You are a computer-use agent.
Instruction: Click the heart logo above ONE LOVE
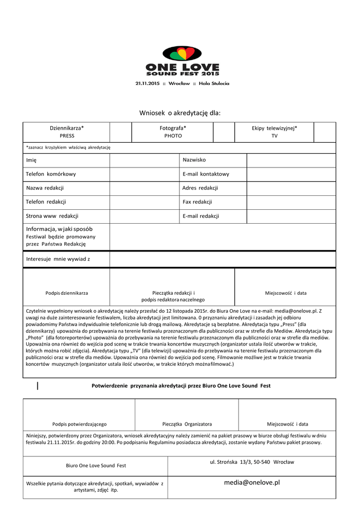(182, 54)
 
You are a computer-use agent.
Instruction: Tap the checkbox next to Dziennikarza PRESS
(120, 132)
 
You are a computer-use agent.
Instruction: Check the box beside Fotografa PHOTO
(224, 132)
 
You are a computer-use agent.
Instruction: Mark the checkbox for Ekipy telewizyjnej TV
(325, 132)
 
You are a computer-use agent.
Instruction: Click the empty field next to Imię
(144, 160)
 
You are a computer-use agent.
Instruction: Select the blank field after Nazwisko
(291, 160)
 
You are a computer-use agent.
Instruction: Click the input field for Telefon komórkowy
(144, 174)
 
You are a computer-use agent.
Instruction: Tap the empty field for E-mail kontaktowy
(291, 174)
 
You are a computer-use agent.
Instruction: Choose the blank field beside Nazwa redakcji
(144, 188)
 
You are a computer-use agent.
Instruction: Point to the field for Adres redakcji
(291, 188)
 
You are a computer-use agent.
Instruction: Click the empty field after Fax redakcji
(291, 202)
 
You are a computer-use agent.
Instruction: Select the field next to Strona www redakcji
(144, 216)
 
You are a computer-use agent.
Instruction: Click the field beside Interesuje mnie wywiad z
(222, 259)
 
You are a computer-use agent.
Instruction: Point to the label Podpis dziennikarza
(67, 293)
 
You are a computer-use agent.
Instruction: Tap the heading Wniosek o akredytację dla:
(180, 113)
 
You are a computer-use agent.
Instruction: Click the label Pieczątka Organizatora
(187, 424)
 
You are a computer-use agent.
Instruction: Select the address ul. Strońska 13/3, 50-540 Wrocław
(252, 462)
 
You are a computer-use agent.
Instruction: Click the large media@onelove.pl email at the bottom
(252, 483)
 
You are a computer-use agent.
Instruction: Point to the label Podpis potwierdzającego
(80, 424)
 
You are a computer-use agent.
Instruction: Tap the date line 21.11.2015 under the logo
(182, 84)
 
